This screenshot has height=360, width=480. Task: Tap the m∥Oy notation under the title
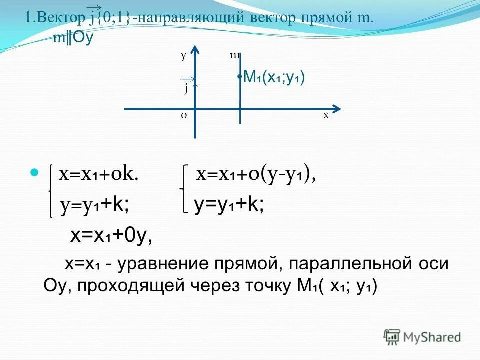tap(73, 38)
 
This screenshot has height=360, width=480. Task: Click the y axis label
tap(183, 56)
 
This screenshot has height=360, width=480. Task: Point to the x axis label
tap(326, 115)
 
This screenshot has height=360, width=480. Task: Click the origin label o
tap(183, 115)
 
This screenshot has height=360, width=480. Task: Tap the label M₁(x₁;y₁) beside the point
tap(274, 77)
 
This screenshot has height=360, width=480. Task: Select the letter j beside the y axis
tap(186, 89)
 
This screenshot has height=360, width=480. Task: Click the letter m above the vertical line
tap(235, 56)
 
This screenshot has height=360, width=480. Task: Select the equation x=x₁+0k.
tap(98, 174)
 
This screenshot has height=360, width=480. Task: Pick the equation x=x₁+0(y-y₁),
tap(256, 174)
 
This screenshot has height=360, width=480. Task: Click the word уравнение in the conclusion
tap(165, 264)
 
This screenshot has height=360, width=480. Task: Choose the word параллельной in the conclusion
tap(343, 264)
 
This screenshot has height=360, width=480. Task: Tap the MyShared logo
tap(422, 337)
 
